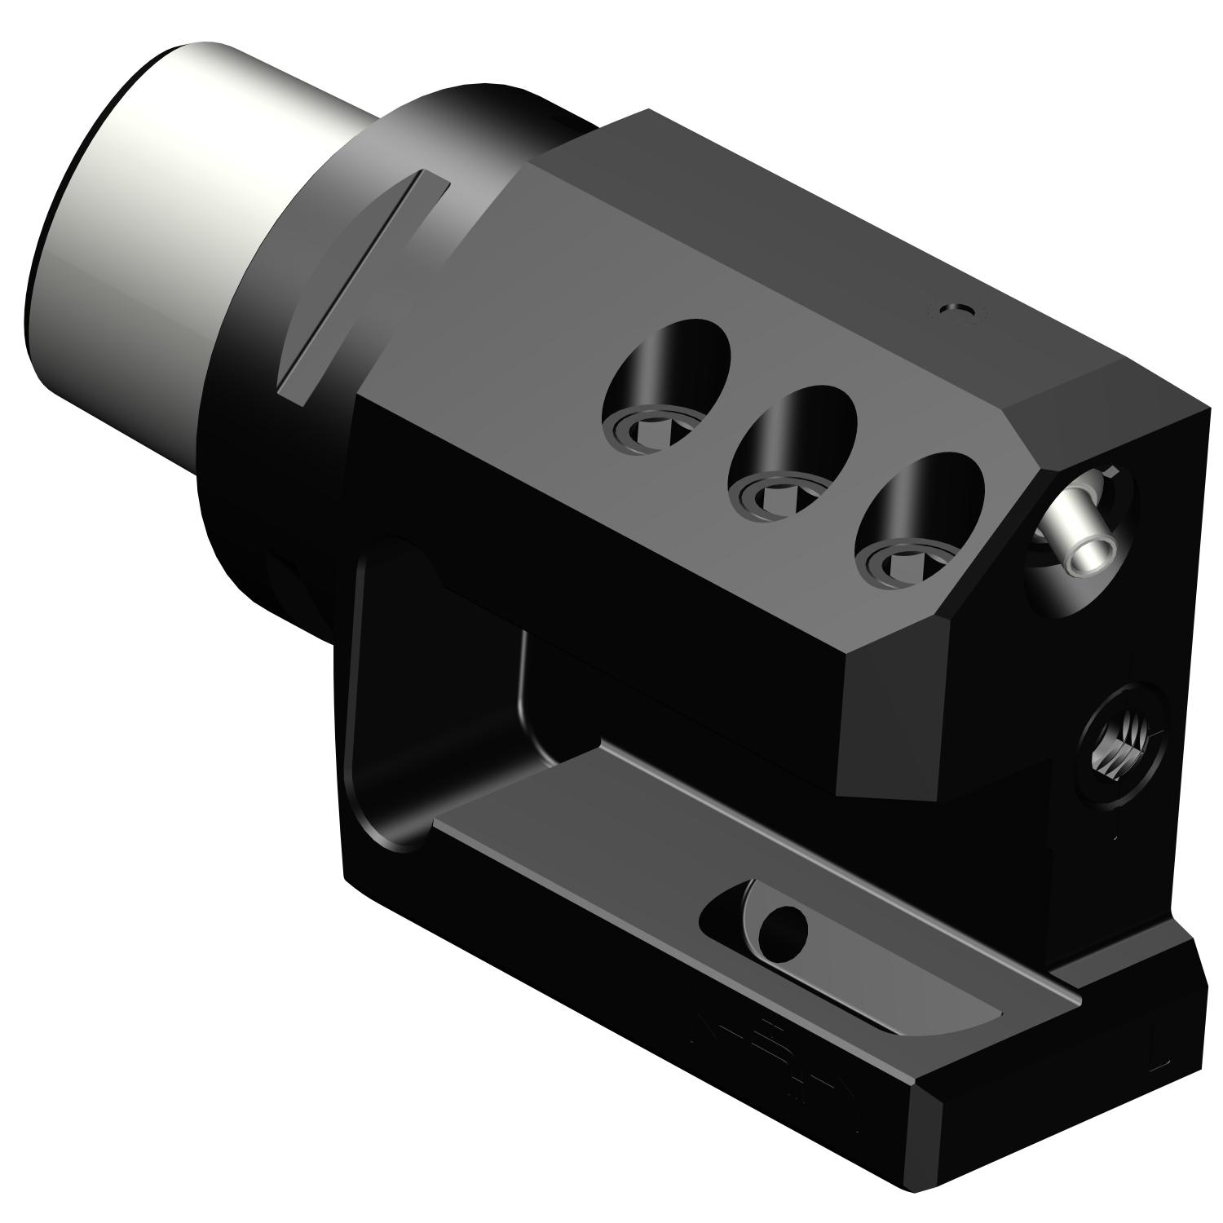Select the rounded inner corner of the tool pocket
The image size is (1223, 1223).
[538, 734]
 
